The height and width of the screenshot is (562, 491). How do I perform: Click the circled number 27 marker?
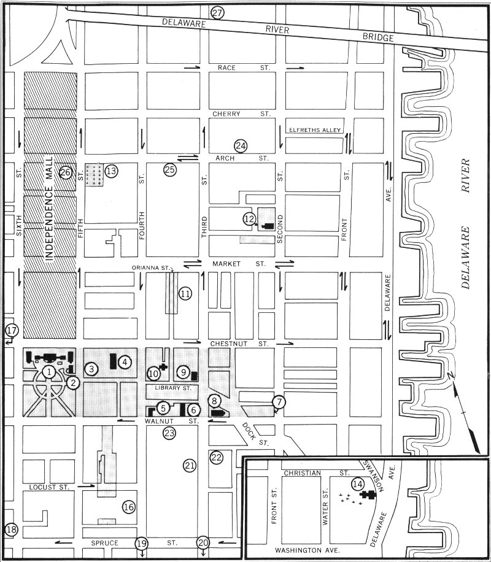click(217, 13)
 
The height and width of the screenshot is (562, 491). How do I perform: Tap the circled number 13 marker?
click(110, 171)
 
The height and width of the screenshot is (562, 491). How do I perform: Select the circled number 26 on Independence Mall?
click(66, 173)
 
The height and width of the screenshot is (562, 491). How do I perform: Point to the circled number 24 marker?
click(240, 146)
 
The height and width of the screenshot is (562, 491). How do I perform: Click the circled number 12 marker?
click(249, 218)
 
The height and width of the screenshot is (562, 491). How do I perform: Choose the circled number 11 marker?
click(185, 294)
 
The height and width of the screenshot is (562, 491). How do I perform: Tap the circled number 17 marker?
click(10, 331)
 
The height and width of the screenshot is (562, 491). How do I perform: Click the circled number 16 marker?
click(128, 507)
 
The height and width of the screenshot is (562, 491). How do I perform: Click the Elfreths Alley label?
click(315, 130)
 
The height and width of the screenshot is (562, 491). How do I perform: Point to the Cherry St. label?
click(241, 114)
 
